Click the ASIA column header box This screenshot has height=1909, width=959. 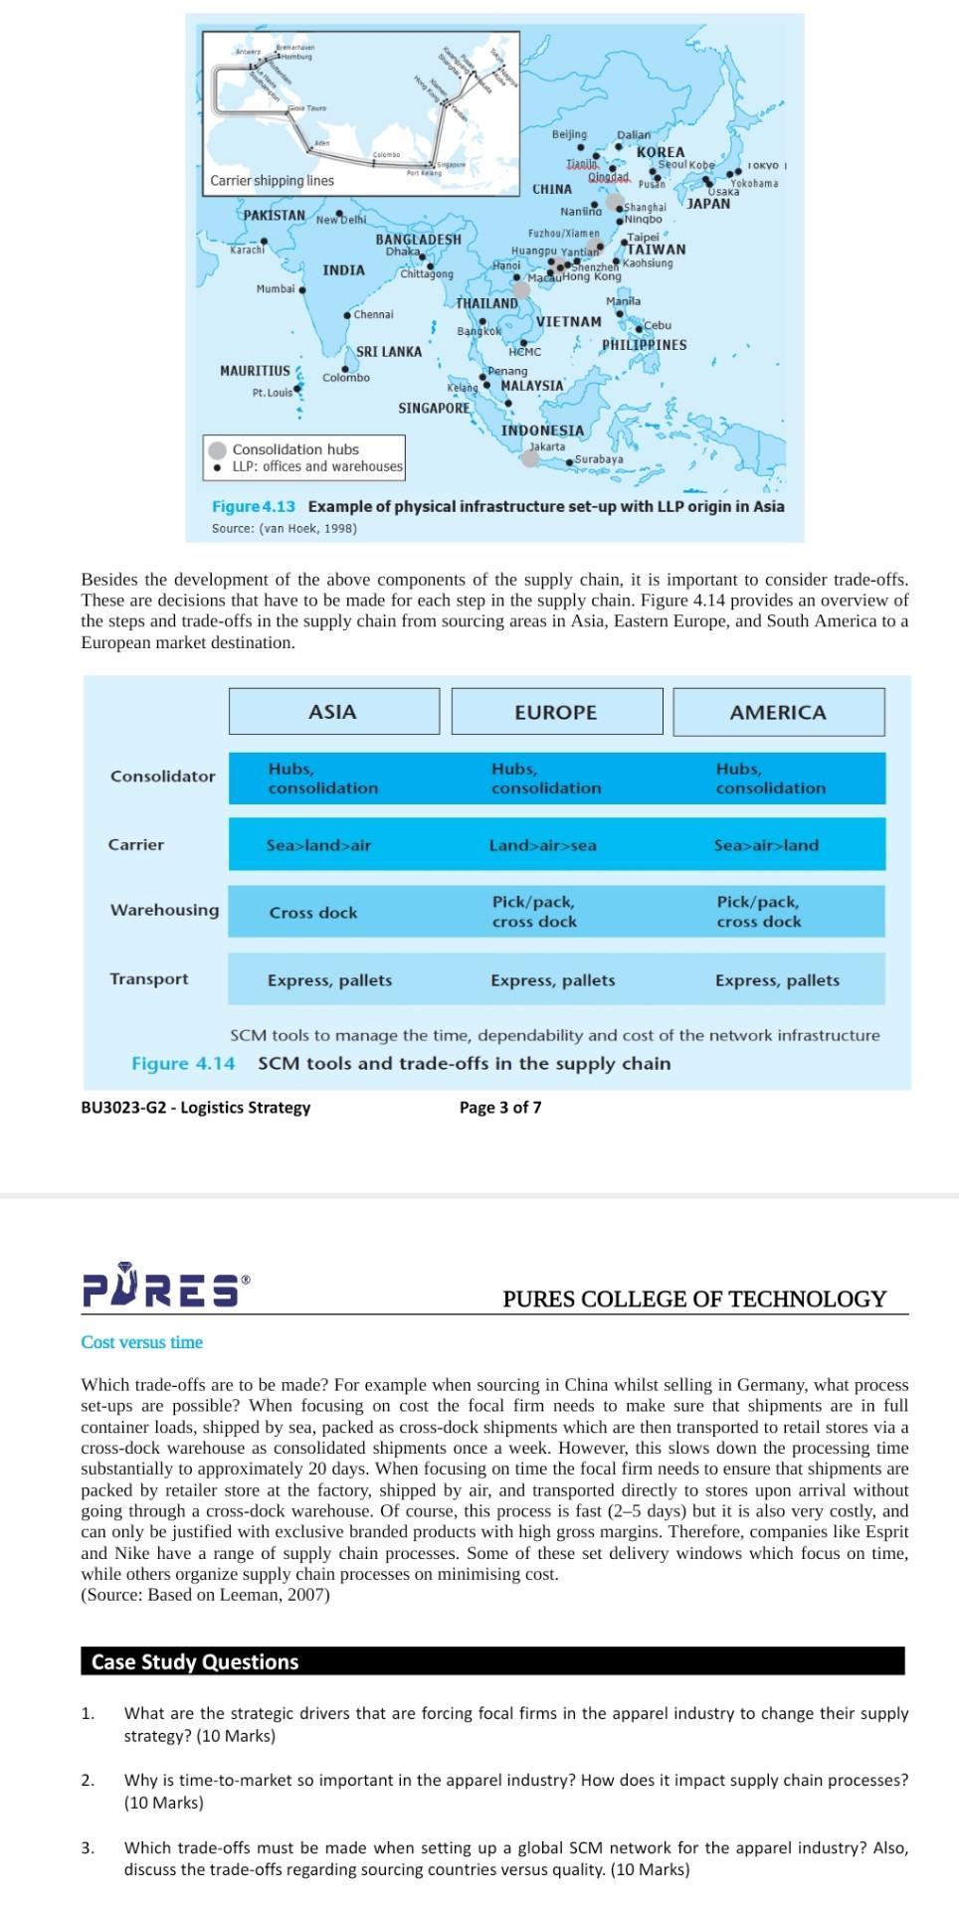point(333,712)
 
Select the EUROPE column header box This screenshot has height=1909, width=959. point(556,712)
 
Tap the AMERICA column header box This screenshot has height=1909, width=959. point(778,712)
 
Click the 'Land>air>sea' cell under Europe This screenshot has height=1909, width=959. point(542,845)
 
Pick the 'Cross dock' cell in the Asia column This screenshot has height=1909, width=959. point(312,912)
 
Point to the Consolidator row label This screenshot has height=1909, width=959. point(162,776)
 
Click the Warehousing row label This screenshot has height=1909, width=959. point(164,910)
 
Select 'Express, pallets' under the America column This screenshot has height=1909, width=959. point(777,980)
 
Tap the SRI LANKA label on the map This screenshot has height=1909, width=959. point(389,352)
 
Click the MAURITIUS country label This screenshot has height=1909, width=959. point(255,371)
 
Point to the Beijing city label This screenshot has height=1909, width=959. point(569,134)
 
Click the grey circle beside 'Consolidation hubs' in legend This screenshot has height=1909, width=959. point(218,449)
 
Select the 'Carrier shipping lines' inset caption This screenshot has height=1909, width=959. point(272,181)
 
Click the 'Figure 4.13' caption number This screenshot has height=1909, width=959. point(253,506)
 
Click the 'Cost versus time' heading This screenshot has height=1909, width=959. point(141,1342)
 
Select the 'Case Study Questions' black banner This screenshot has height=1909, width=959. point(492,1661)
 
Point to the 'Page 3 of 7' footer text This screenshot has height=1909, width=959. point(500,1108)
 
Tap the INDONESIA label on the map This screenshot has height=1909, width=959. point(542,431)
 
